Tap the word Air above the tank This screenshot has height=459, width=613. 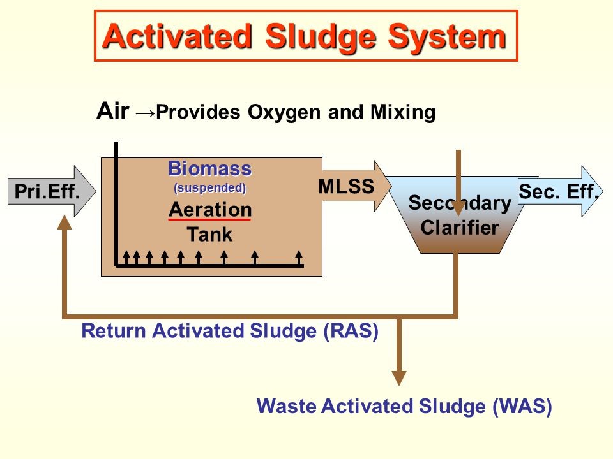click(113, 111)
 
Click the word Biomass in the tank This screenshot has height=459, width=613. click(209, 169)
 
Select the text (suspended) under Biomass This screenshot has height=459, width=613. click(209, 188)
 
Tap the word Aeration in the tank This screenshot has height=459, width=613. click(209, 209)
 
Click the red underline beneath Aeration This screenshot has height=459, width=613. click(209, 219)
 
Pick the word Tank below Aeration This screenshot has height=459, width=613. click(209, 235)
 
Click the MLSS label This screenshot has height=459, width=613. click(345, 186)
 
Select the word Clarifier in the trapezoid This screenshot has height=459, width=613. click(460, 228)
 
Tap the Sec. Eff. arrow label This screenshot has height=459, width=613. click(559, 191)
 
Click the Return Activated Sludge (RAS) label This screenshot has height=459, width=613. click(231, 331)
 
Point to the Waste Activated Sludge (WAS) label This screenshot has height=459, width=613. click(404, 406)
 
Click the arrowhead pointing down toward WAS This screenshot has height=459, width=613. click(399, 377)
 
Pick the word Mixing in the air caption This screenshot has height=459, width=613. click(403, 113)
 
